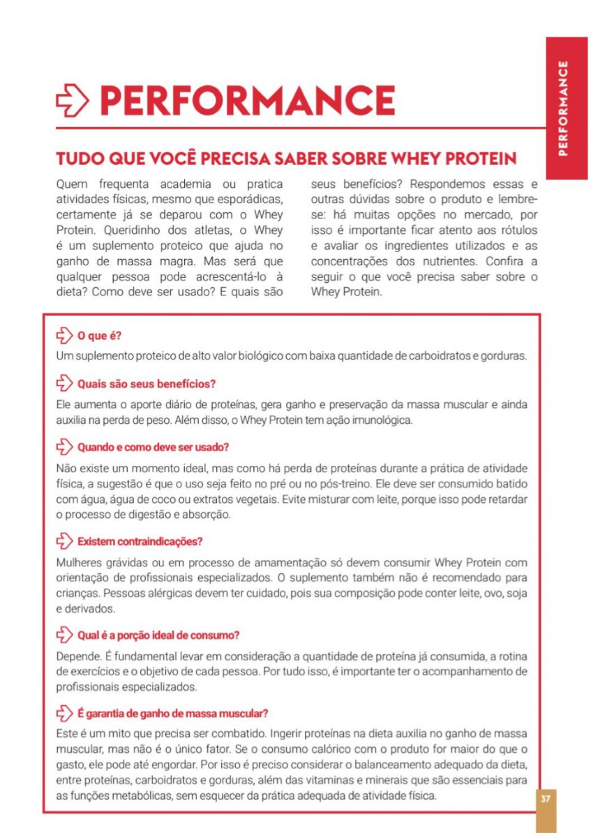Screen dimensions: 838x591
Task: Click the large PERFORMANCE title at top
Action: coord(248,101)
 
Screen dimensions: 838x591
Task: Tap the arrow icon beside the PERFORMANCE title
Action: coord(72,101)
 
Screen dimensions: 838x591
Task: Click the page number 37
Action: coord(546,800)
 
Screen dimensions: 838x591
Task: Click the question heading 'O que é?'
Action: coord(100,336)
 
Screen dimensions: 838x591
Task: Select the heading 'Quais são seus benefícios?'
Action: coord(147,383)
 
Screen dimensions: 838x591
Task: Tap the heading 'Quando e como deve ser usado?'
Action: coord(154,446)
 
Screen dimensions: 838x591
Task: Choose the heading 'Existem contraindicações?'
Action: coord(140,541)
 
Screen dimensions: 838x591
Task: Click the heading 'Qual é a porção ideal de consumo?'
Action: coord(159,635)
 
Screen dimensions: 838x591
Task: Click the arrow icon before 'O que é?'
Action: coord(64,336)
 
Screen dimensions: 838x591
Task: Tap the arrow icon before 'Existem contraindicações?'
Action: coord(64,541)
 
